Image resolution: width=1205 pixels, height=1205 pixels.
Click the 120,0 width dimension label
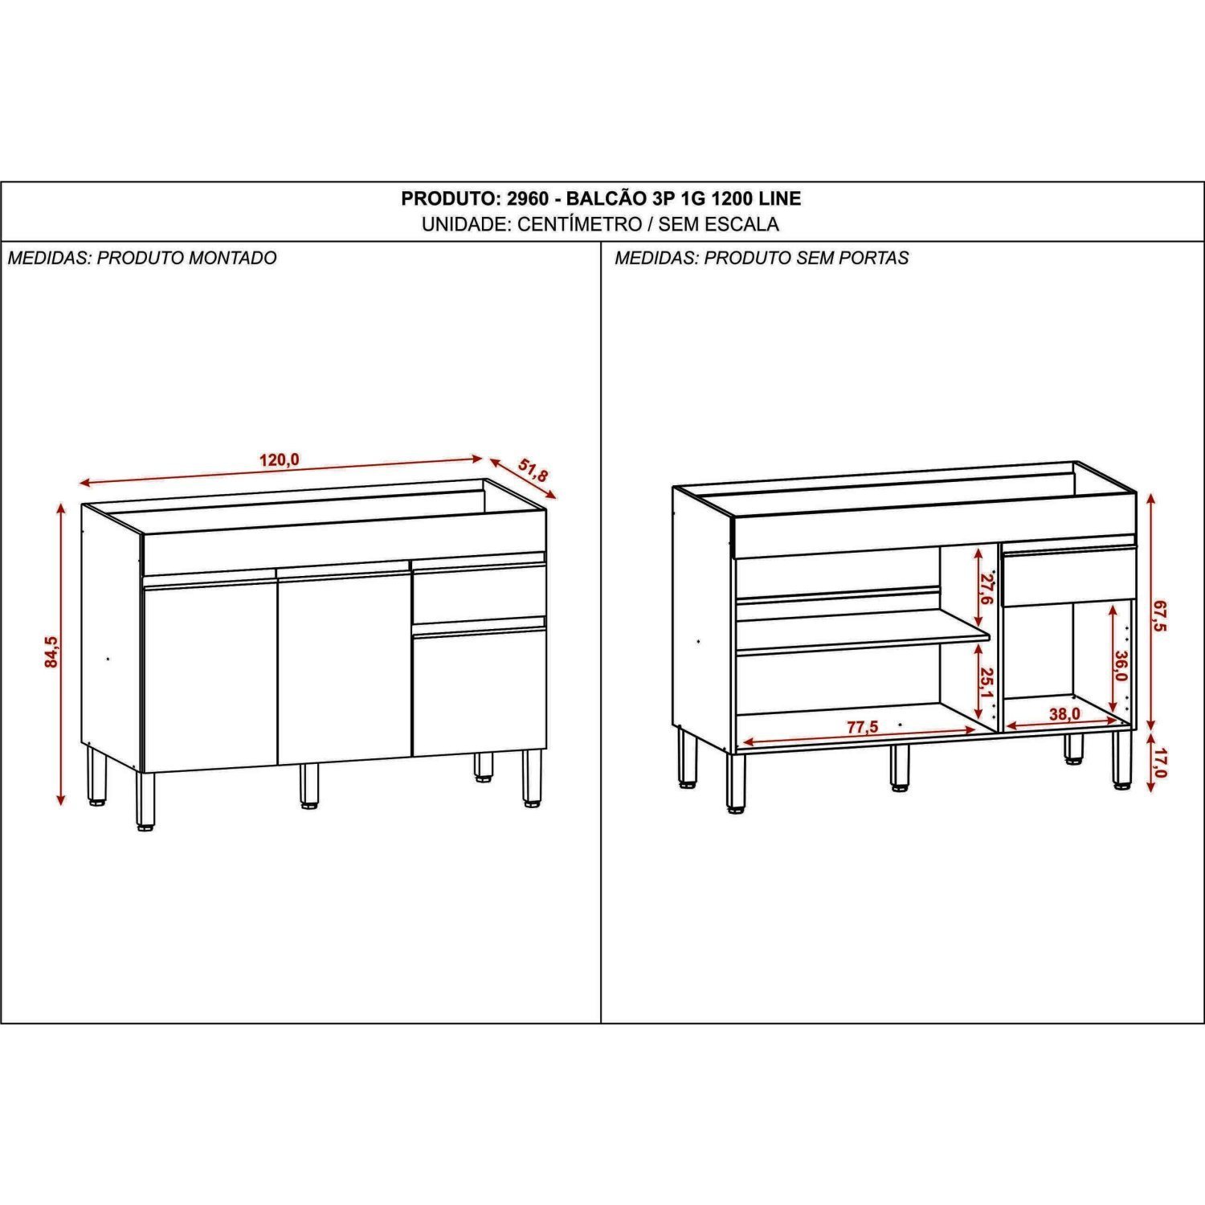click(279, 460)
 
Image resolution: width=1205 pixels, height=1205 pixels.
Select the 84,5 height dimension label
click(51, 652)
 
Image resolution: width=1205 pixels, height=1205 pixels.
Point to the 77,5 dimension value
click(863, 727)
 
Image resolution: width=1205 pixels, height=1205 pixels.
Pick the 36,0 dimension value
click(1121, 666)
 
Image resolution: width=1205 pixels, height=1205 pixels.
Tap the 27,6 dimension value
click(987, 589)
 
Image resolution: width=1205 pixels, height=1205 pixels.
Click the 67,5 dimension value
click(1158, 617)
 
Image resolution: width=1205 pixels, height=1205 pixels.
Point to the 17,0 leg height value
click(1158, 762)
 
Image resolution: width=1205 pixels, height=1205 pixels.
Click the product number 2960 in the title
click(525, 198)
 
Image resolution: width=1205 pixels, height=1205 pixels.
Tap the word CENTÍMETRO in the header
click(578, 224)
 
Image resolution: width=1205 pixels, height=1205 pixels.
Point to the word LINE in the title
click(780, 198)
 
